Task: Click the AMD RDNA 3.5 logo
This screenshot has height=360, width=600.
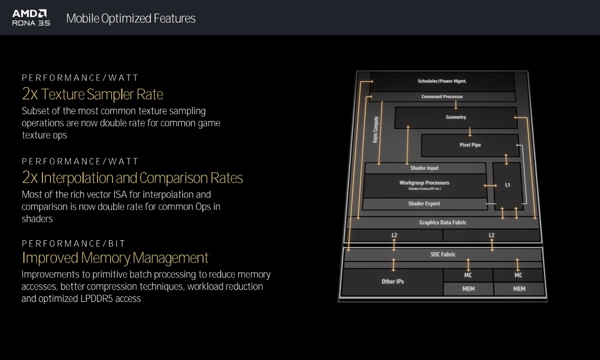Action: [x=31, y=18]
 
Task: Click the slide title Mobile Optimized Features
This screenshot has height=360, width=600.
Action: [x=130, y=19]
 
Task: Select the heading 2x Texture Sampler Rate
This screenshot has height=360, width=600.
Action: [x=92, y=94]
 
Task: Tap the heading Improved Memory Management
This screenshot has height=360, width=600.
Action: [x=115, y=258]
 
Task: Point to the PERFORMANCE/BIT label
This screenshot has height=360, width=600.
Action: [x=73, y=244]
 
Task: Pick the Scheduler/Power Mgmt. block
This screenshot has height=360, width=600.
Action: [x=442, y=81]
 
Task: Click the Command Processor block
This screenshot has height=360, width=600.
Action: [x=442, y=97]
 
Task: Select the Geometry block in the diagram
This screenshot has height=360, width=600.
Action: [x=455, y=117]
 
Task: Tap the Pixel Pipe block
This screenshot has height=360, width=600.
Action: [x=470, y=145]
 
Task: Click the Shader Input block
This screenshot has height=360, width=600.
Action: [x=424, y=168]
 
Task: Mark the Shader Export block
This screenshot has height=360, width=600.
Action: [x=424, y=204]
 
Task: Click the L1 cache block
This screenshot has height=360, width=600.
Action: [x=507, y=185]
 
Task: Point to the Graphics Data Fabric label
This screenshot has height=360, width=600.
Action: [x=442, y=222]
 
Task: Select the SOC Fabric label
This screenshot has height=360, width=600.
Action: [x=443, y=254]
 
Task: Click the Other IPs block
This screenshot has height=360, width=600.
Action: [x=392, y=281]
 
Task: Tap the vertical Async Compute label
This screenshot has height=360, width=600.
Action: [x=375, y=130]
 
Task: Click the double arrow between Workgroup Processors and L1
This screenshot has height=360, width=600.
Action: [x=490, y=186]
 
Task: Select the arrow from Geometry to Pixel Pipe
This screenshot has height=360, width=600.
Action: [x=470, y=131]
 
